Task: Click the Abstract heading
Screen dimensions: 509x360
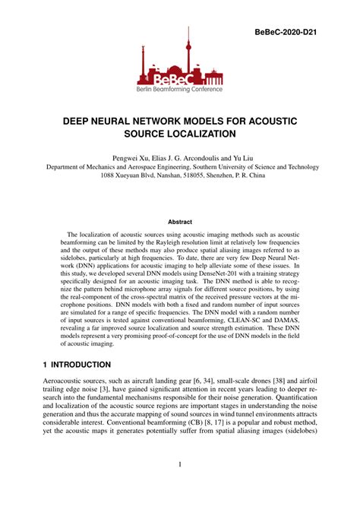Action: click(179, 223)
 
